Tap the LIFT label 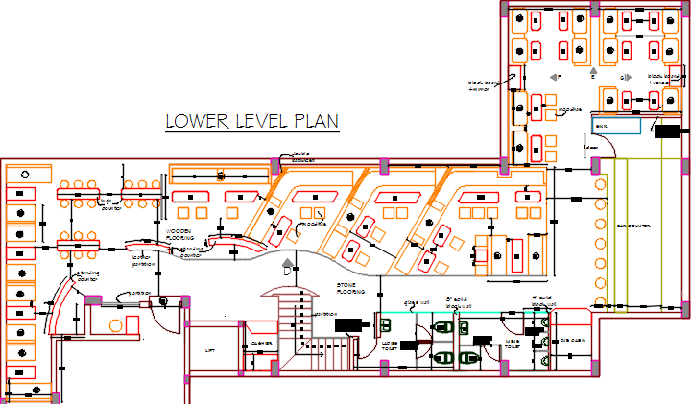click(x=211, y=351)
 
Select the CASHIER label click(x=261, y=344)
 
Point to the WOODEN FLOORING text click(x=180, y=234)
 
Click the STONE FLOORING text click(x=349, y=288)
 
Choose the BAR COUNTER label click(x=633, y=226)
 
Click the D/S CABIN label click(x=573, y=341)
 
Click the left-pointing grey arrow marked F click(x=552, y=77)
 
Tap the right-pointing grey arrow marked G click(x=629, y=77)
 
